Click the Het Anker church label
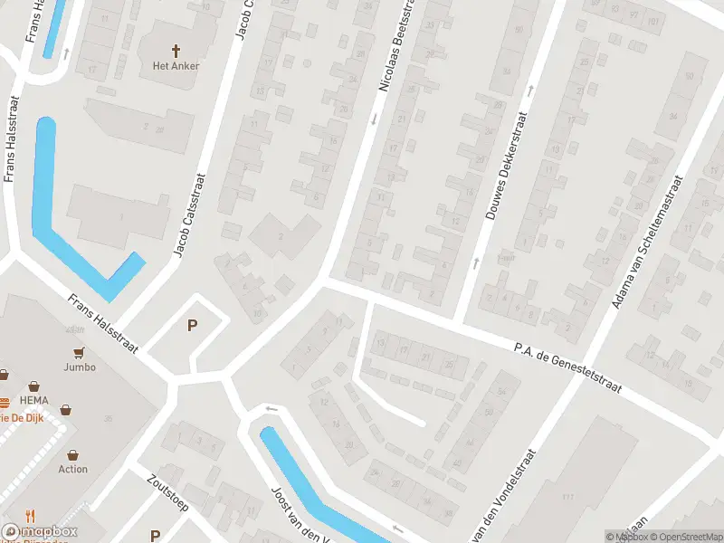click(x=176, y=65)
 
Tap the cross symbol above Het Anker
click(x=176, y=50)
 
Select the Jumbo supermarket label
click(x=80, y=367)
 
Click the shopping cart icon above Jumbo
click(x=80, y=352)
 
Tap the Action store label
click(x=73, y=469)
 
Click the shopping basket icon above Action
click(x=73, y=454)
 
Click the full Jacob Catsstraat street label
click(x=191, y=215)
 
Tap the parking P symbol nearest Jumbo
click(x=191, y=326)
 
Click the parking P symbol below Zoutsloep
click(x=155, y=535)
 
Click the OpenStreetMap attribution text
click(x=683, y=537)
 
